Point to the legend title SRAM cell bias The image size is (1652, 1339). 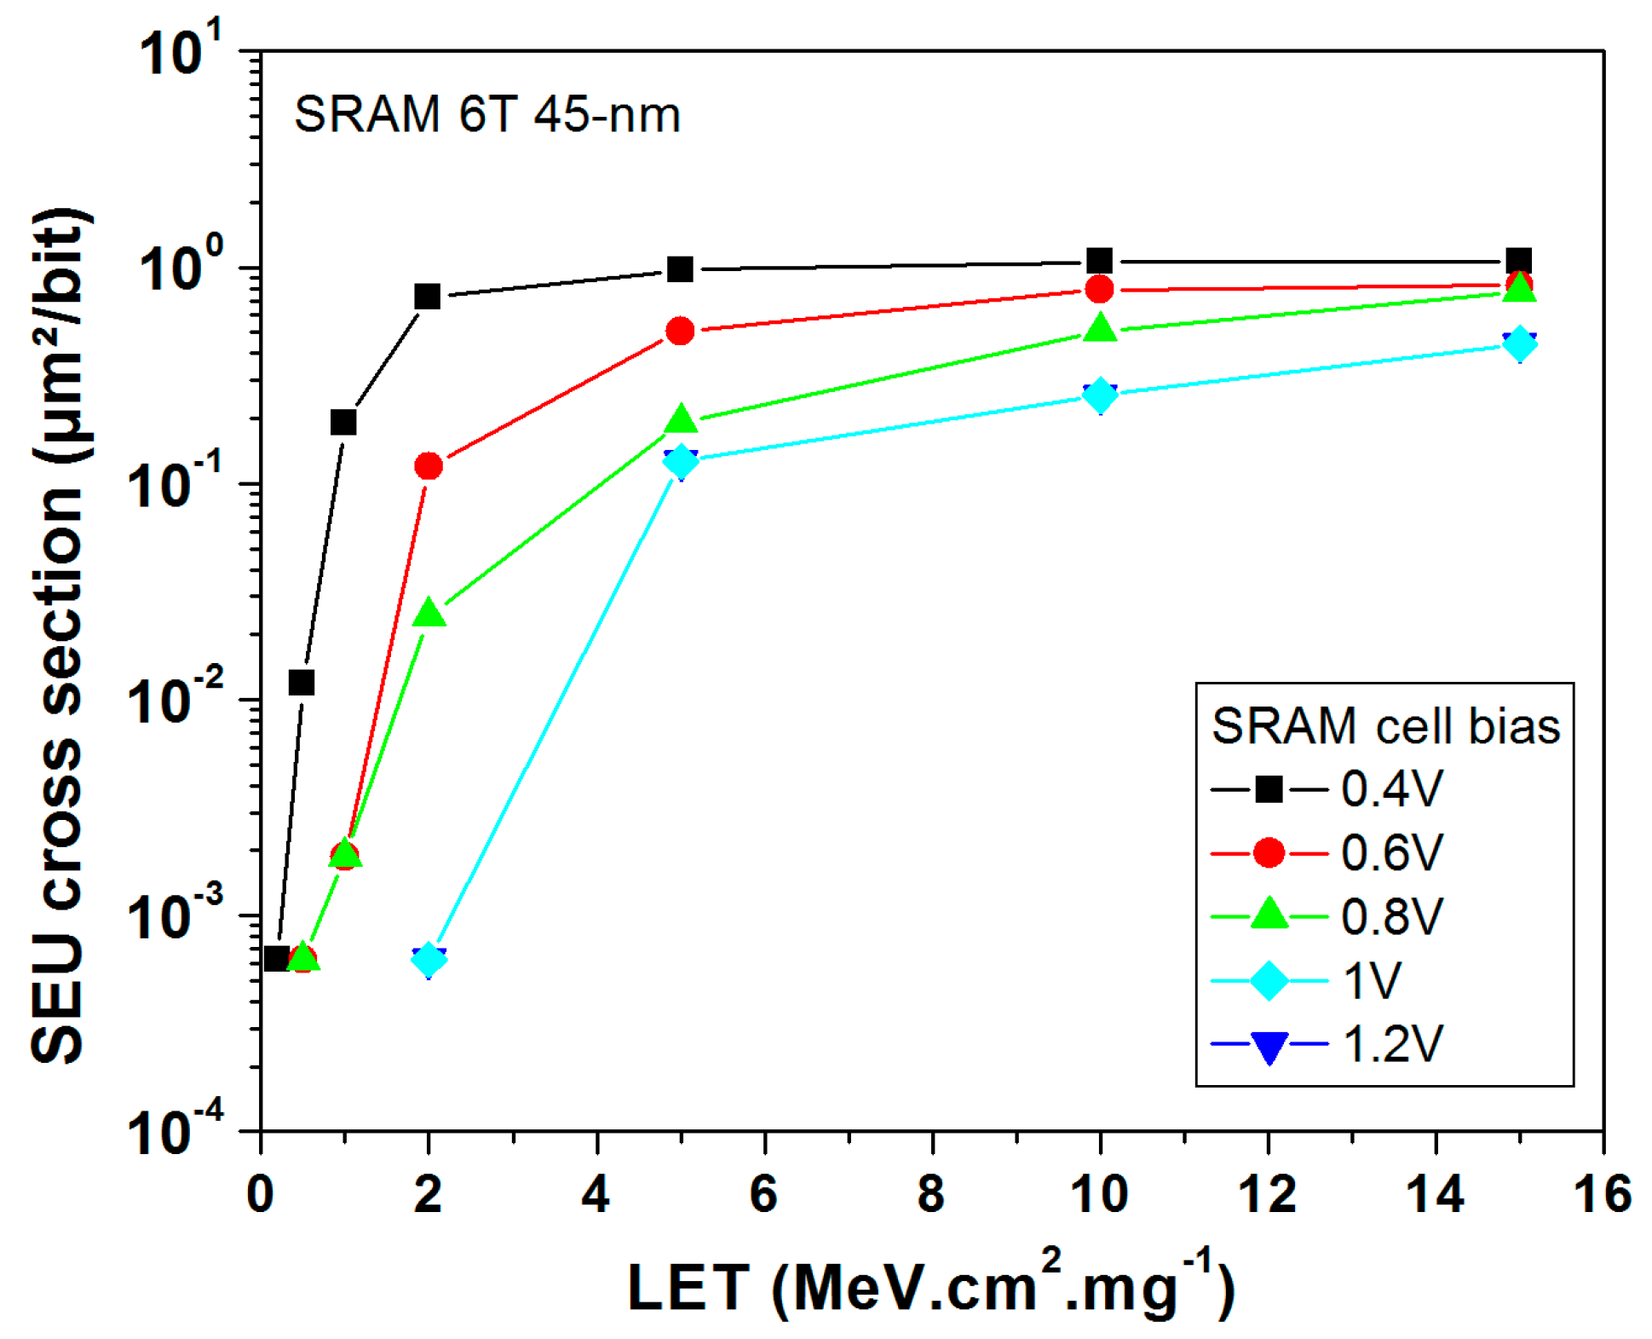(1385, 726)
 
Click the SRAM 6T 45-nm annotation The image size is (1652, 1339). (487, 114)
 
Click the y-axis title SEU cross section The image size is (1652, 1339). (58, 635)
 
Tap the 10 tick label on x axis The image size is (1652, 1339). (1099, 1194)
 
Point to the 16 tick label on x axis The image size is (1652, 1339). (1603, 1194)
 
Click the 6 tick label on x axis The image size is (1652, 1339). (763, 1194)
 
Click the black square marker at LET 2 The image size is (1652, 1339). (428, 297)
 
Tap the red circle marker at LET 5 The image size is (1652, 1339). (680, 331)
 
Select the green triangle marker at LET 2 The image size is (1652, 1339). (429, 614)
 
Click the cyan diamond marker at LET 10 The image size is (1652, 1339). (1100, 395)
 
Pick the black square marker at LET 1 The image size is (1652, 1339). (343, 422)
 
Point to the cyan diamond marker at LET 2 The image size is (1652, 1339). (429, 960)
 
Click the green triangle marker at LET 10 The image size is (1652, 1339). (1100, 328)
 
